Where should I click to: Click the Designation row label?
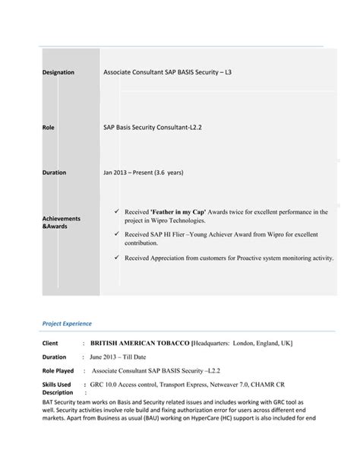(x=58, y=72)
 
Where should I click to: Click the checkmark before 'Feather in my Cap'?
(x=115, y=211)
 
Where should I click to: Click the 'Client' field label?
(x=50, y=344)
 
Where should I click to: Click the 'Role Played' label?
(x=58, y=371)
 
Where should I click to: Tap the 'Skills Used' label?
(x=56, y=385)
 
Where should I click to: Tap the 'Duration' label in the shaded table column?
(x=54, y=173)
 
